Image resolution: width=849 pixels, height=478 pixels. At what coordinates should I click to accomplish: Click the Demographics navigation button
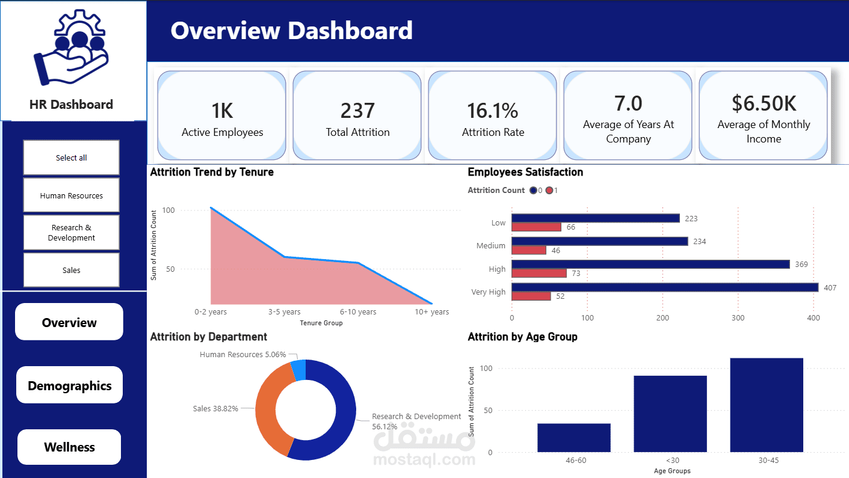point(69,385)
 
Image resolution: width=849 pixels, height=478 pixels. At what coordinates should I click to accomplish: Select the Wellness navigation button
point(69,447)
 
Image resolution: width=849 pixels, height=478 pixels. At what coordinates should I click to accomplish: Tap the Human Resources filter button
point(71,195)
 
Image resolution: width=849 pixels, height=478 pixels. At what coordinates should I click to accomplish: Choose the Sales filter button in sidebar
point(71,270)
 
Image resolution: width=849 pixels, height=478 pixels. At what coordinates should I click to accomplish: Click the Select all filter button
point(71,158)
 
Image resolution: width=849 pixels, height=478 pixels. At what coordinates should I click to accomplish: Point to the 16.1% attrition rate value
point(492,111)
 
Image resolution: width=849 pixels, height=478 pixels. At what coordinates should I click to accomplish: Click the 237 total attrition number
point(357,111)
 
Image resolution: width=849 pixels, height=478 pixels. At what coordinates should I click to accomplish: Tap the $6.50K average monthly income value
point(764,103)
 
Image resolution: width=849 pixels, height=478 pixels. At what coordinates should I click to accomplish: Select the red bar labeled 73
point(539,273)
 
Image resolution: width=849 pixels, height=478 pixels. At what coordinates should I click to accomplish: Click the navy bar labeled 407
point(664,287)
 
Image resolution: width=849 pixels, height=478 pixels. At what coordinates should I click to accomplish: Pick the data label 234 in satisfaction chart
point(699,241)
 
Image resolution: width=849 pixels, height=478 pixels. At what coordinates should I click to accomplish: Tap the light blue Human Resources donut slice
point(298,370)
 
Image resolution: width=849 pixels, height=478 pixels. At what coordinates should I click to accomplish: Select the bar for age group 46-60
point(573,438)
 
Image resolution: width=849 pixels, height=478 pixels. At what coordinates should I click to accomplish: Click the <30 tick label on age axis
point(670,461)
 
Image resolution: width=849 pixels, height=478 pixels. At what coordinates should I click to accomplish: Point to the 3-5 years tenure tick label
point(284,312)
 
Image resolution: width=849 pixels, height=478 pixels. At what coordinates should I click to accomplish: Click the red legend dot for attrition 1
point(549,191)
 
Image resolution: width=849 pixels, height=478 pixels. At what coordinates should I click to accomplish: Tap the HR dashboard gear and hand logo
point(71,48)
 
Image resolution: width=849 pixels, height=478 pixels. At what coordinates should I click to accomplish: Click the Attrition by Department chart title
point(208,337)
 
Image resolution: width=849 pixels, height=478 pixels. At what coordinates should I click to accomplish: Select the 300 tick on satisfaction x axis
point(738,317)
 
